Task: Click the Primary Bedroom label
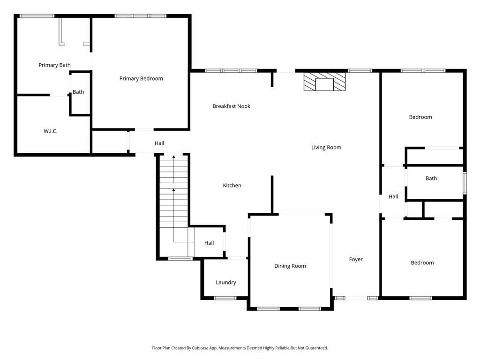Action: pyautogui.click(x=141, y=79)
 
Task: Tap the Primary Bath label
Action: pyautogui.click(x=54, y=65)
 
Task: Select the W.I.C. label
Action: pyautogui.click(x=51, y=131)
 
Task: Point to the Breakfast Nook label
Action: pyautogui.click(x=232, y=106)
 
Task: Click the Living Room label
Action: pyautogui.click(x=326, y=148)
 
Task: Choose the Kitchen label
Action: pyautogui.click(x=232, y=186)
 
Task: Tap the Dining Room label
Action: pyautogui.click(x=290, y=266)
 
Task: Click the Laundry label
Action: pyautogui.click(x=226, y=283)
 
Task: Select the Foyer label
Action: pyautogui.click(x=356, y=260)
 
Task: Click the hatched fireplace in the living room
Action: pyautogui.click(x=324, y=82)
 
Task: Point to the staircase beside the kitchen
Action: pyautogui.click(x=174, y=205)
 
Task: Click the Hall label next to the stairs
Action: pyautogui.click(x=209, y=243)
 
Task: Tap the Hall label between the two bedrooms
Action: pyautogui.click(x=393, y=196)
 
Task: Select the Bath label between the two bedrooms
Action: pyautogui.click(x=431, y=179)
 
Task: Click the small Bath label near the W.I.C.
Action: pyautogui.click(x=78, y=92)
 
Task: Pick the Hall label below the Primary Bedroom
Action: pyautogui.click(x=159, y=143)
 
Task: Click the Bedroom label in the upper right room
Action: pyautogui.click(x=420, y=117)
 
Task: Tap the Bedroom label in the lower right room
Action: pyautogui.click(x=422, y=263)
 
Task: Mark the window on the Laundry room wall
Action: pyautogui.click(x=225, y=298)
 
